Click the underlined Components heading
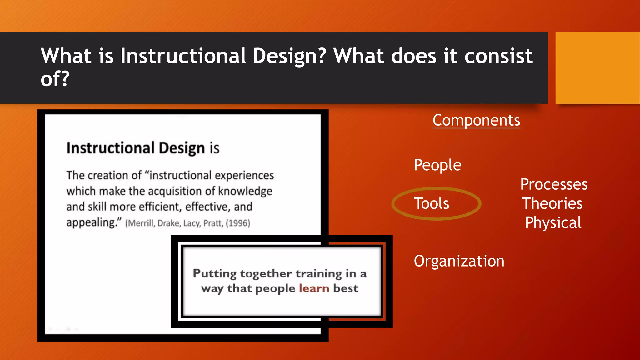tap(476, 120)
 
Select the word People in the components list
tap(437, 165)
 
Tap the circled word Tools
tap(432, 203)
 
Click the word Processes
tap(554, 184)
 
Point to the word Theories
tap(552, 203)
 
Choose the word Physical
tap(553, 223)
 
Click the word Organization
tap(459, 261)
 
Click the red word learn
tap(314, 288)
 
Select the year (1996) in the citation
tap(238, 223)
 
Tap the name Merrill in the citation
tap(140, 223)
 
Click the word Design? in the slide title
tap(289, 56)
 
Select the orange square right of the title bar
tap(597, 67)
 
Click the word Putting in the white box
tap(215, 273)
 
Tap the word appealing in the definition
tap(91, 222)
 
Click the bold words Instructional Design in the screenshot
tap(136, 148)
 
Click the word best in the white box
tap(346, 288)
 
